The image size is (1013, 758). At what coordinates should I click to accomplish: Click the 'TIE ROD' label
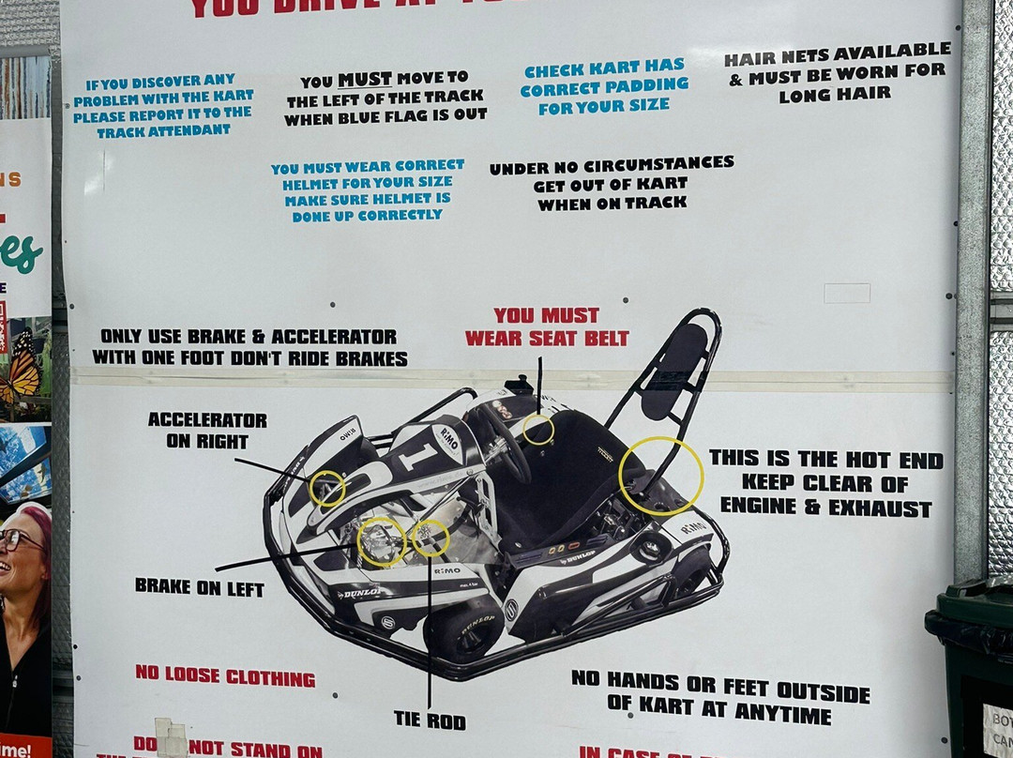[430, 720]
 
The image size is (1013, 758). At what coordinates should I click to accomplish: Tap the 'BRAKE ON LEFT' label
[199, 587]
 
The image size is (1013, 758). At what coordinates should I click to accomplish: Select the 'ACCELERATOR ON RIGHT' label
[207, 430]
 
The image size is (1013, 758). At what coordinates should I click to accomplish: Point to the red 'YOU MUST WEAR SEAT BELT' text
[547, 326]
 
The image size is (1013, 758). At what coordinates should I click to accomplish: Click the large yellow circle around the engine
[660, 476]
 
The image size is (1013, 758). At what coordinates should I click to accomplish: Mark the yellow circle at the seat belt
[538, 430]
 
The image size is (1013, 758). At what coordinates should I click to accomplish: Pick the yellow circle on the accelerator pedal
[327, 489]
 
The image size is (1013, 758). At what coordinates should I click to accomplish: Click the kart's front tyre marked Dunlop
[463, 630]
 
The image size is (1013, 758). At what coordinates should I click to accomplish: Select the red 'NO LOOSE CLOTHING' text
[225, 675]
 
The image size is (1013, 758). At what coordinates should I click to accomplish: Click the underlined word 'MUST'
[365, 80]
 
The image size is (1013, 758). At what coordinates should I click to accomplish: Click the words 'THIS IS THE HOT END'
[825, 459]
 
